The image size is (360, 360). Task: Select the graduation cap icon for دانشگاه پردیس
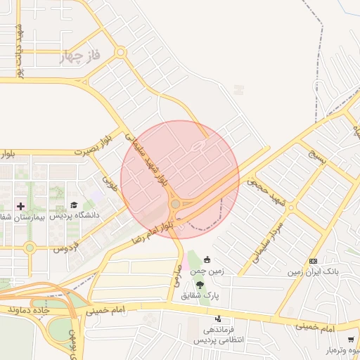(x=73, y=205)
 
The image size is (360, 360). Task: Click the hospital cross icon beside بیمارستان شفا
(x=20, y=207)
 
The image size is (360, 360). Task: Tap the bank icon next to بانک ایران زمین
(x=313, y=261)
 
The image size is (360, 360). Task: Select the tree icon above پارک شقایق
(x=200, y=285)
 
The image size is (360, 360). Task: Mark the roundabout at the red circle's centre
(x=175, y=204)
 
